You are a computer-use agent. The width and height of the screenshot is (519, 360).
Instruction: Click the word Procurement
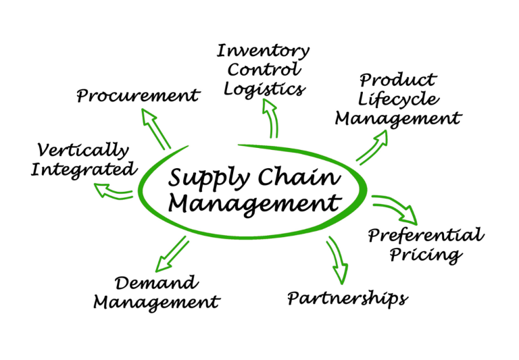coord(138,96)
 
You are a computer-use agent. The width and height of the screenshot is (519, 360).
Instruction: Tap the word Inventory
coord(264,51)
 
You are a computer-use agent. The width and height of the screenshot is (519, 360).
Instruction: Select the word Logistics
coord(265,88)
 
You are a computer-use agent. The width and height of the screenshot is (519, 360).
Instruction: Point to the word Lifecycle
coord(399,100)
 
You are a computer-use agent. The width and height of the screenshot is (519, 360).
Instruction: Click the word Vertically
coord(83,149)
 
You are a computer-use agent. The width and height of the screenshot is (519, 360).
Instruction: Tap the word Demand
coord(156,282)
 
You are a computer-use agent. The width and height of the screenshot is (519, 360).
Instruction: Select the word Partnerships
coord(347,298)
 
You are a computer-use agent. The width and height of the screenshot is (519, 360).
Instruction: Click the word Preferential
coord(426,236)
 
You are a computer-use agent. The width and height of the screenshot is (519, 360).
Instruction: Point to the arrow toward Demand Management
coord(170,253)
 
